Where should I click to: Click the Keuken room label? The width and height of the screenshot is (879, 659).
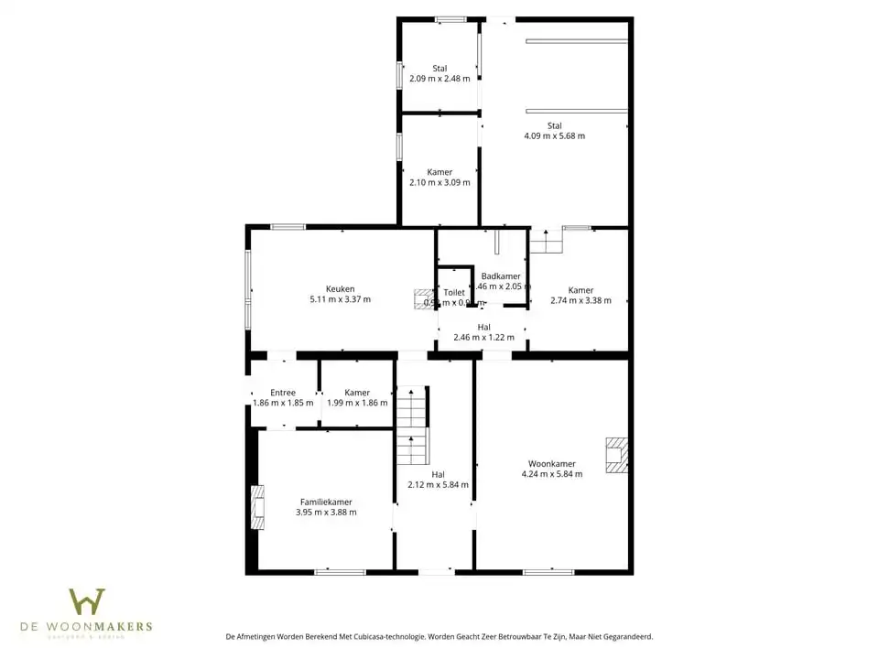click(x=341, y=288)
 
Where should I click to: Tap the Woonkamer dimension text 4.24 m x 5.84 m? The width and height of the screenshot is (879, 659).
click(x=551, y=474)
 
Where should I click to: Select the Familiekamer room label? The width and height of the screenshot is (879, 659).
click(x=326, y=502)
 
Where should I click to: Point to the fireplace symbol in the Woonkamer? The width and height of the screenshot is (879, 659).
click(x=618, y=456)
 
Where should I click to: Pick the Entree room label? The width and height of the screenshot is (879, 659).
click(x=283, y=393)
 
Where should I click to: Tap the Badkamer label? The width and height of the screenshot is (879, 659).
click(x=501, y=275)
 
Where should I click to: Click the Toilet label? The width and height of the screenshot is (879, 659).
click(x=454, y=293)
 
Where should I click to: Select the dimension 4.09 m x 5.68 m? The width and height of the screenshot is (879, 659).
click(x=554, y=136)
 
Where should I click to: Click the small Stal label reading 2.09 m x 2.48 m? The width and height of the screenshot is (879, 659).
click(x=439, y=79)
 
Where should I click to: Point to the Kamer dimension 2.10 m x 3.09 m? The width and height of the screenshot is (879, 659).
click(x=439, y=182)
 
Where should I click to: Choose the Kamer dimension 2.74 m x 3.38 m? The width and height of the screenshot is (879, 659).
click(x=581, y=300)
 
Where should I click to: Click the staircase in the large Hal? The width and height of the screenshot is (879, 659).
click(x=411, y=427)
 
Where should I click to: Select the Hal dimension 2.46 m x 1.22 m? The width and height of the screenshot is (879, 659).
click(x=483, y=337)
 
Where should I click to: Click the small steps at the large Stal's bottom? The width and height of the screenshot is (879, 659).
click(x=546, y=242)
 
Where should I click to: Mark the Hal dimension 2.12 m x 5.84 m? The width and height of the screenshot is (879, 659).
click(x=438, y=485)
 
